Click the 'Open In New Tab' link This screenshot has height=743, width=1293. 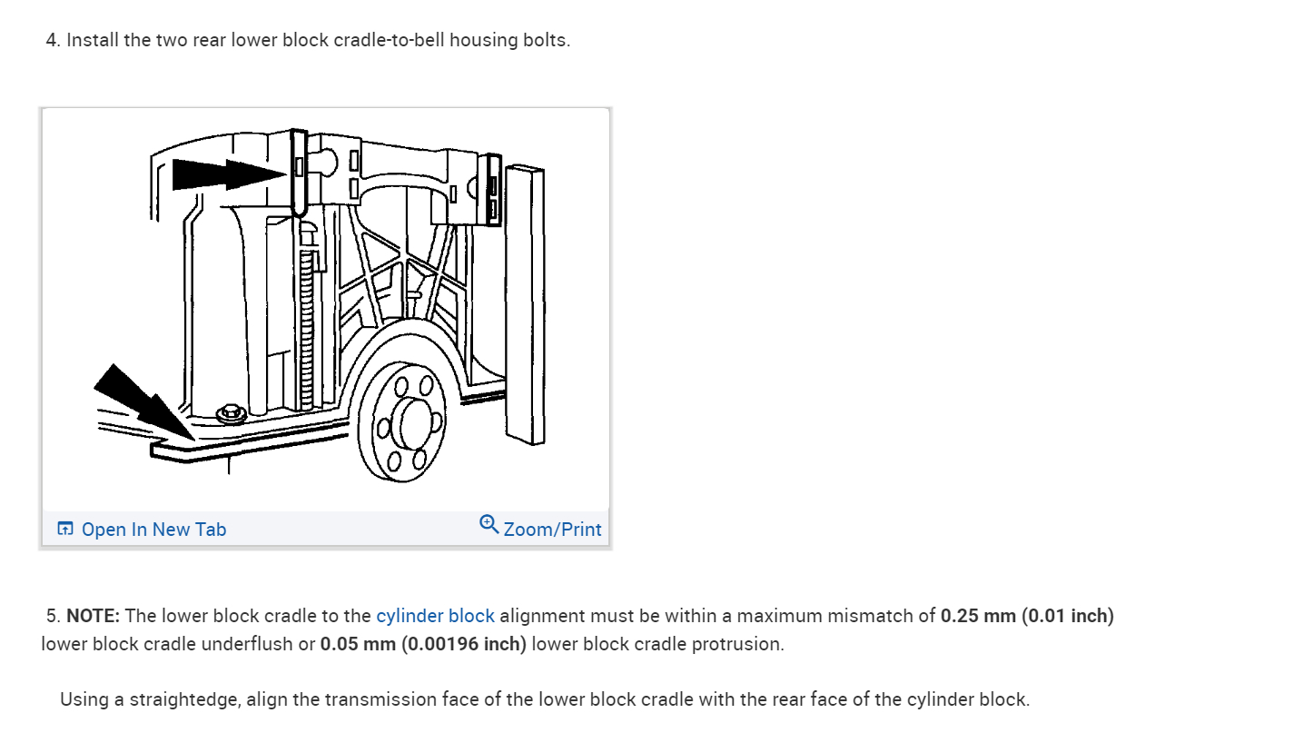pyautogui.click(x=153, y=530)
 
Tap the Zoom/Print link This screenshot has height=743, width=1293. pyautogui.click(x=552, y=530)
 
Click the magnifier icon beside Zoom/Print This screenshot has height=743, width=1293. pyautogui.click(x=489, y=524)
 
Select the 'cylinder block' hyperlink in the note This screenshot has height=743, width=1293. pyautogui.click(x=435, y=616)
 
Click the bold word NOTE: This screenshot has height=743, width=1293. pyautogui.click(x=93, y=616)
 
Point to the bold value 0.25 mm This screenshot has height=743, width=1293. pyautogui.click(x=978, y=616)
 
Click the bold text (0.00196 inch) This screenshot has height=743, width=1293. pyautogui.click(x=463, y=644)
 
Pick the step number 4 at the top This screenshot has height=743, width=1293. pyautogui.click(x=51, y=41)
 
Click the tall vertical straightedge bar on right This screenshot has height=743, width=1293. pyautogui.click(x=525, y=305)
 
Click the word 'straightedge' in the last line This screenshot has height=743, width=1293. pyautogui.click(x=185, y=699)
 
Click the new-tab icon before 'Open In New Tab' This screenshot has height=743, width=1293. pyautogui.click(x=65, y=530)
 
